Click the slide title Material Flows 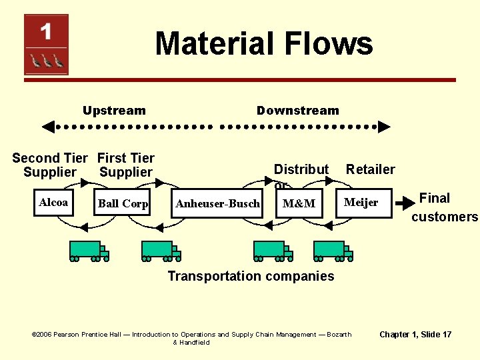coord(263,44)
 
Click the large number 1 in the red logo coord(46,31)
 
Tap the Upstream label coord(114,111)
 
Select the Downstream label coord(297,111)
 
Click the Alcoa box coord(53,203)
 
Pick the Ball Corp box coord(123,203)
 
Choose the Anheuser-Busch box coord(217,203)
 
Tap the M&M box coord(299,203)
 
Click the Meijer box coord(361,203)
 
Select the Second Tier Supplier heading coord(49,165)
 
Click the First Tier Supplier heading coord(125,165)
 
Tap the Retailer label coord(370,169)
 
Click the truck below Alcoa coord(89,250)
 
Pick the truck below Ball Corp coord(161,250)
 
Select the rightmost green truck coord(333,250)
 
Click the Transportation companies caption coord(251,276)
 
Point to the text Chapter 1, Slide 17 coord(415,334)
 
